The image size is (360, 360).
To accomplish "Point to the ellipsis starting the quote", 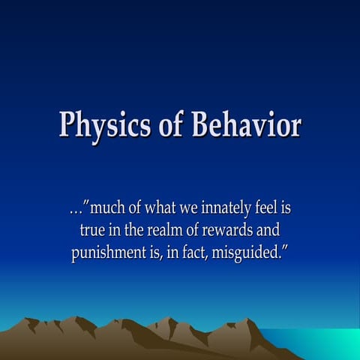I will click(73, 208).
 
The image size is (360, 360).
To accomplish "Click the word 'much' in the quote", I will click(107, 208).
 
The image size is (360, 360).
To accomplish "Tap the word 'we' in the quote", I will click(191, 208).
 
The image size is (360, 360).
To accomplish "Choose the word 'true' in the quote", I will click(93, 230).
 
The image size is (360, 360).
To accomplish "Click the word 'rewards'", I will click(238, 230).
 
